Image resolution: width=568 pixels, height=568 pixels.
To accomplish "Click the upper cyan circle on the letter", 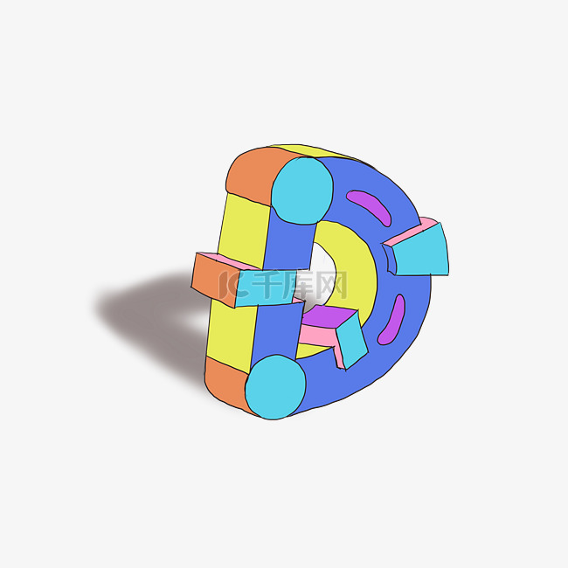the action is pos(302,190).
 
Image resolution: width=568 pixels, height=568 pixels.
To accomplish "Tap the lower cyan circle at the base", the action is pos(275,387).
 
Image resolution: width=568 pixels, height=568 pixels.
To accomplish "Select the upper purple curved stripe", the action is pos(369,207).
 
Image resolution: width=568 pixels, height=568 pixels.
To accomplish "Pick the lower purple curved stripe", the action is pos(391,320).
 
